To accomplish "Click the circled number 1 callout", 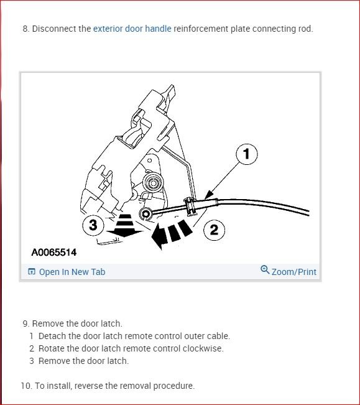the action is pos(247,154).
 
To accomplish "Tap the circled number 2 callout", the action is pos(214,230).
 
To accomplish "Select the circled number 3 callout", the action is pos(93,225).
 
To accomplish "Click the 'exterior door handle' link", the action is pos(132,29).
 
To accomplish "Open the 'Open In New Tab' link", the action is pos(72,272).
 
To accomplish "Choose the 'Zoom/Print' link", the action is pos(294,272).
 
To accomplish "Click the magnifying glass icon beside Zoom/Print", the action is pos(265,269).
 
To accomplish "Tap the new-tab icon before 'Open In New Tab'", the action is pos(32,271).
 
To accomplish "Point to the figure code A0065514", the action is pos(53,252).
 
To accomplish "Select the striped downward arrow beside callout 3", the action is pos(125,225).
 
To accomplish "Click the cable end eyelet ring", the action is pos(145,214).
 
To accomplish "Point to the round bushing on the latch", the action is pos(154,183).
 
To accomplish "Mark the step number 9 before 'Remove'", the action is pos(25,324).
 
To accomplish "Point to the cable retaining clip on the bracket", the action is pos(190,207).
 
